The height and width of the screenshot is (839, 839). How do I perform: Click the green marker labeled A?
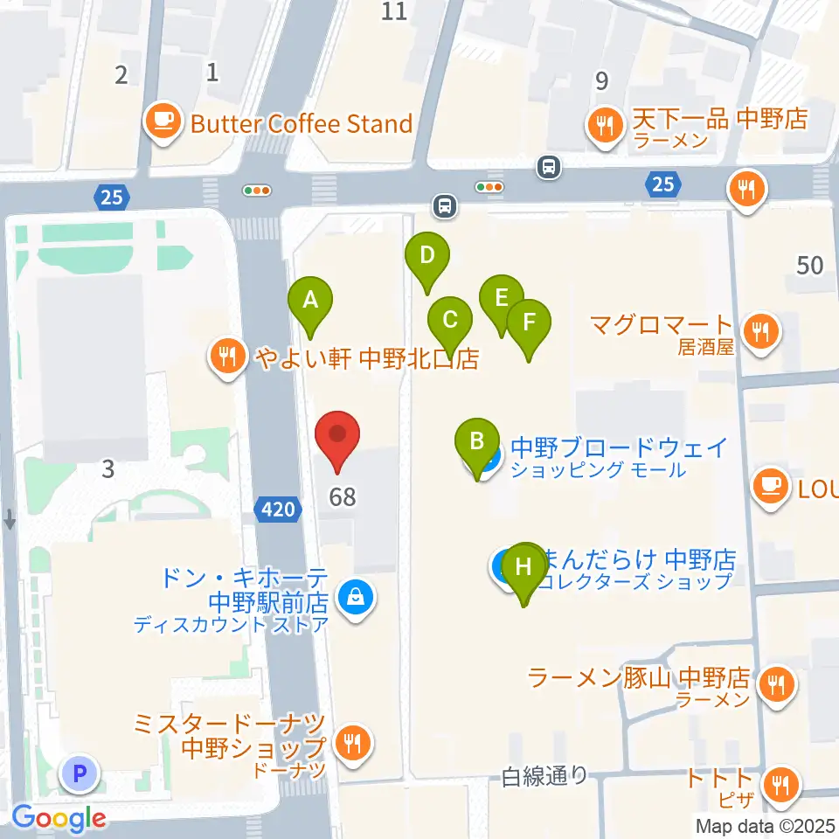pyautogui.click(x=309, y=302)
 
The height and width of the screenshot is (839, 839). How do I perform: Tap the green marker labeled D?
pyautogui.click(x=426, y=258)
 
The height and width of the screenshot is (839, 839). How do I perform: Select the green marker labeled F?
pyautogui.click(x=529, y=323)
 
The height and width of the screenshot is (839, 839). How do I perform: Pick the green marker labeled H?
pyautogui.click(x=524, y=568)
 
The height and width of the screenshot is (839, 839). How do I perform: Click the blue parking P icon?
pyautogui.click(x=80, y=773)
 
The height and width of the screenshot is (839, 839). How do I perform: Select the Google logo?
pyautogui.click(x=59, y=818)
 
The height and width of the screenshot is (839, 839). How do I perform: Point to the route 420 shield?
pyautogui.click(x=279, y=509)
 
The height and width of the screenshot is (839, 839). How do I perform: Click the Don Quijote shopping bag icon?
pyautogui.click(x=356, y=600)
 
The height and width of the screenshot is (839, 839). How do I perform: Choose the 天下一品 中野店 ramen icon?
pyautogui.click(x=604, y=123)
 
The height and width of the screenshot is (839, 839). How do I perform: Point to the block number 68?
pyautogui.click(x=343, y=497)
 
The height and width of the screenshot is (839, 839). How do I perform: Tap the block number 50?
pyautogui.click(x=810, y=264)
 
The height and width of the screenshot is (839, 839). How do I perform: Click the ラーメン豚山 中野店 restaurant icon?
pyautogui.click(x=775, y=683)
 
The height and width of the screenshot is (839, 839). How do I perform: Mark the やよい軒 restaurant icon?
pyautogui.click(x=227, y=357)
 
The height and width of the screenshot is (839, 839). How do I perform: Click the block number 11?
pyautogui.click(x=395, y=11)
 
